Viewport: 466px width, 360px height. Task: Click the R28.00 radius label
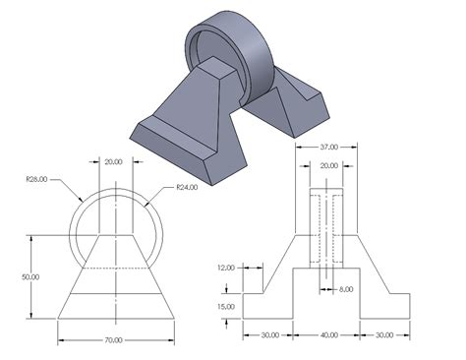tap(37, 178)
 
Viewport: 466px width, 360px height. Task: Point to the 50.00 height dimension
tap(30, 276)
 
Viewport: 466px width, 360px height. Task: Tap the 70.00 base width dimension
tap(114, 340)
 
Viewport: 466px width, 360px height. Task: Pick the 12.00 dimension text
tap(228, 268)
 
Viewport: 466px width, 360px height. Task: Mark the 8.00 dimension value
tap(346, 289)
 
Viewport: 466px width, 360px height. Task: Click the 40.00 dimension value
tap(329, 334)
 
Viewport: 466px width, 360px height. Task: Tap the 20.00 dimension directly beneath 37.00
tap(328, 165)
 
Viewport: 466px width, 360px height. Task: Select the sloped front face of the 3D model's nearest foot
tap(183, 139)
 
